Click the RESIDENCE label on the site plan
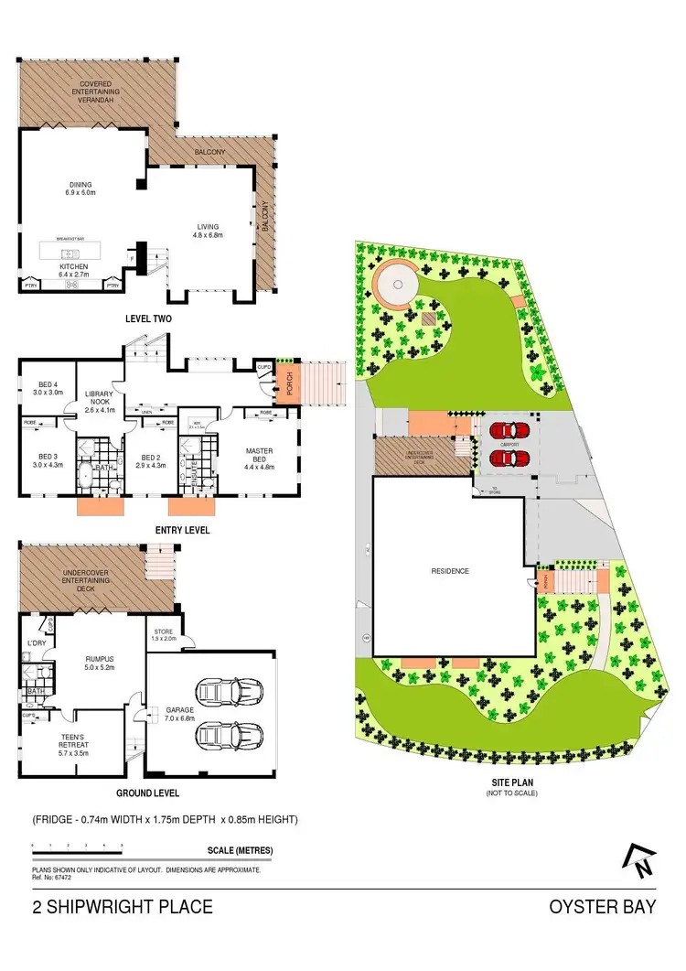[x=450, y=571]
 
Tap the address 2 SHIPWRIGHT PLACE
[x=123, y=908]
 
